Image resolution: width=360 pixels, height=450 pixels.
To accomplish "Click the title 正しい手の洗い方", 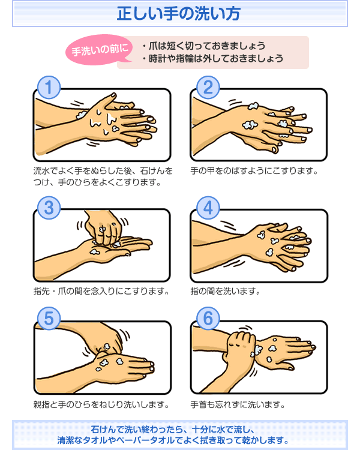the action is [179, 14].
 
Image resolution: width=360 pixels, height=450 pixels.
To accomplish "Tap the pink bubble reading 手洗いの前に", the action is [99, 50].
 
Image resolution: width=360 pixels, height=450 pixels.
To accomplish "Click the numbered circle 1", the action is [49, 87].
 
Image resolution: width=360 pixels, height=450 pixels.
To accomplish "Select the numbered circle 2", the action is [208, 87].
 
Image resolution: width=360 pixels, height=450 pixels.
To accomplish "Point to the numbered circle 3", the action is [49, 208].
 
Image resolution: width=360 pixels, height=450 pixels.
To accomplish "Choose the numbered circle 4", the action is [208, 208].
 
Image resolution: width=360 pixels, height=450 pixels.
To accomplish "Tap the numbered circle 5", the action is [49, 318].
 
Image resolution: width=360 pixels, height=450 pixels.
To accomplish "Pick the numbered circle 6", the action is [208, 318].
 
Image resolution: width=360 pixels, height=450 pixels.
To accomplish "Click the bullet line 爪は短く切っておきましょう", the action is [204, 46].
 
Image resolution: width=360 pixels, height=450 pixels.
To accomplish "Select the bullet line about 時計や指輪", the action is [213, 59].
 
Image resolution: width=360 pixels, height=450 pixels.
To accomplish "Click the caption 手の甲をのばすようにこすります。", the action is [254, 171].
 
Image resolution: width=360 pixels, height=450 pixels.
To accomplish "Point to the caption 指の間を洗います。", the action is [226, 291].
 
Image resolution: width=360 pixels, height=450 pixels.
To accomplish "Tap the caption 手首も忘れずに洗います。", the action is [238, 404].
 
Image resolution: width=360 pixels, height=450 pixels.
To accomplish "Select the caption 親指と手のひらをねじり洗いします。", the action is [101, 404].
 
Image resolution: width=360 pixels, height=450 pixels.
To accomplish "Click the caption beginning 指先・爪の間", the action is [101, 291].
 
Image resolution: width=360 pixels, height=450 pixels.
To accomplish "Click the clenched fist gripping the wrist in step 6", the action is [239, 348].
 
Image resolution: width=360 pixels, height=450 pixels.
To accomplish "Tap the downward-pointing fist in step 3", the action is [104, 229].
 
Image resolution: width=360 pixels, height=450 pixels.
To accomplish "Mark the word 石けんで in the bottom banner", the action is [107, 430].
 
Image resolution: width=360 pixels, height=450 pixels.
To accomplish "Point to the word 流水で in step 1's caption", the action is [46, 171].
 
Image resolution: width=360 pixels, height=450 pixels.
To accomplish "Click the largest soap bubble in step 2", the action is [250, 125].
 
